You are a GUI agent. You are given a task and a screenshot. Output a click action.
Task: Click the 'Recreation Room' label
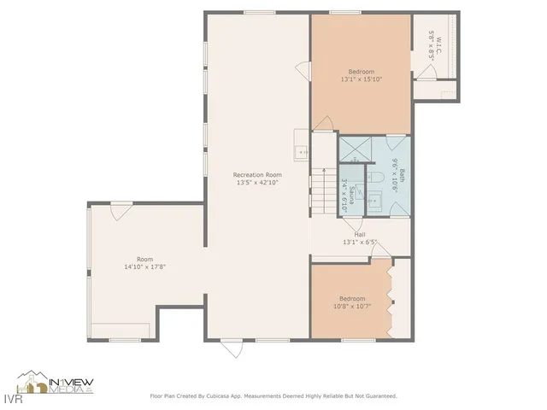click(x=257, y=174)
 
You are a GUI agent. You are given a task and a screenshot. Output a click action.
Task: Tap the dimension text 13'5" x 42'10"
click(x=257, y=182)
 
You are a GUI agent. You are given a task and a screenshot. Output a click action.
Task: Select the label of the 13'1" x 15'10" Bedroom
click(x=361, y=71)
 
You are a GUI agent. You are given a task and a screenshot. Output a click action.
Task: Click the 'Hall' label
click(x=360, y=234)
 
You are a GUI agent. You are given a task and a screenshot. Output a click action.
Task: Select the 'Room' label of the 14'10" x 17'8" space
click(x=144, y=259)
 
